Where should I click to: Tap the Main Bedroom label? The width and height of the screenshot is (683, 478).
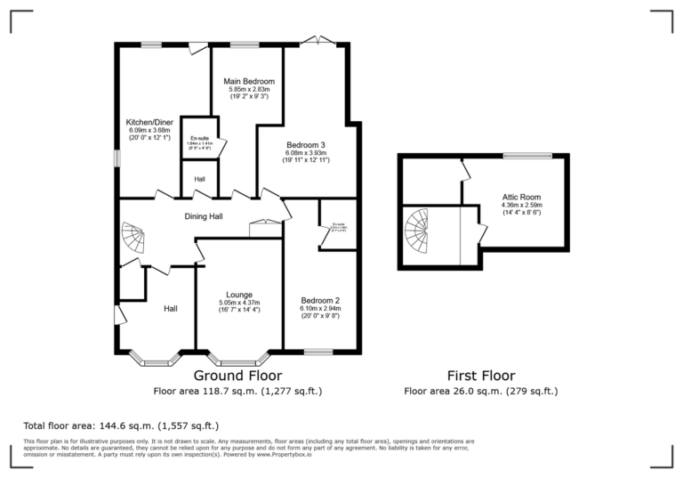click(249, 81)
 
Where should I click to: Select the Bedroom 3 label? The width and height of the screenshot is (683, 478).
click(305, 144)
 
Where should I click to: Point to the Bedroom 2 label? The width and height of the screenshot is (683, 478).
click(320, 300)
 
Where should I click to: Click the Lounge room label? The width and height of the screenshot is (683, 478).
click(239, 295)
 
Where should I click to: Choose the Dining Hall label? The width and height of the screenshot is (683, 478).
click(204, 215)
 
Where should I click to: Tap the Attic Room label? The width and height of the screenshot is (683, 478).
click(522, 197)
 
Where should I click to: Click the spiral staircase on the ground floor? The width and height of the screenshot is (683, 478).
click(132, 239)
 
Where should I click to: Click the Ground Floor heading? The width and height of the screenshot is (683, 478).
click(237, 376)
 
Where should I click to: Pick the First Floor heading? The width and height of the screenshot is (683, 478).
click(481, 376)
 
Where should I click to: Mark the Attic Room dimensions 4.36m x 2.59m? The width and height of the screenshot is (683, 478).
click(522, 207)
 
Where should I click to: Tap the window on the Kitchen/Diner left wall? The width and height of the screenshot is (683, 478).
click(117, 156)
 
